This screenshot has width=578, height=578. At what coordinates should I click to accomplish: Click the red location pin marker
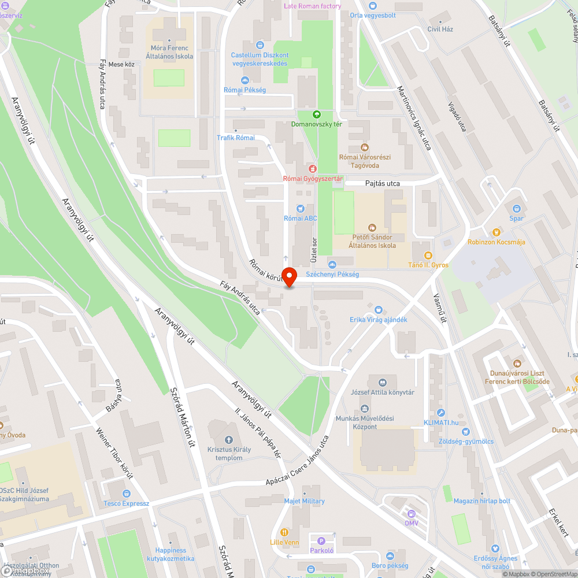(289, 276)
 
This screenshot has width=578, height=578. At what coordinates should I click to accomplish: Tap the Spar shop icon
(516, 209)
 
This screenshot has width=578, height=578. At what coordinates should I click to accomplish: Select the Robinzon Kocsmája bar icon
(495, 232)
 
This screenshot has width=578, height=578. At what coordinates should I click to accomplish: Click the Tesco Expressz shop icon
(126, 493)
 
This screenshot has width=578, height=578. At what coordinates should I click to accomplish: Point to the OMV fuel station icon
(411, 513)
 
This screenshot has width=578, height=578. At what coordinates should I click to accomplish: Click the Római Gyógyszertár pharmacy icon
(313, 168)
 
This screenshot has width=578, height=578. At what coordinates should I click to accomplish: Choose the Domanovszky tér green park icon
(316, 114)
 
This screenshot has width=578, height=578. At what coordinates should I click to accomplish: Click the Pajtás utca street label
(382, 183)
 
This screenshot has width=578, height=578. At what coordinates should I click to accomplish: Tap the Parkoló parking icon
(322, 541)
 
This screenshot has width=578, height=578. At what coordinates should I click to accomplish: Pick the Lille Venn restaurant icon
(284, 532)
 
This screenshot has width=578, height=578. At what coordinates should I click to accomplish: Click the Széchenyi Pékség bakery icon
(332, 264)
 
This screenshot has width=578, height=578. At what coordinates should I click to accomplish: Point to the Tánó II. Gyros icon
(428, 255)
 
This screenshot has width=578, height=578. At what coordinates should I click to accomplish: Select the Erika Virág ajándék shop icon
(379, 310)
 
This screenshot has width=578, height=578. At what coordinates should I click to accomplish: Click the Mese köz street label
(121, 64)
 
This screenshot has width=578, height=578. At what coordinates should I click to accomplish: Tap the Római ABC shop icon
(300, 208)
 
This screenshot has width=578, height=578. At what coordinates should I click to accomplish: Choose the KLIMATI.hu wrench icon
(441, 413)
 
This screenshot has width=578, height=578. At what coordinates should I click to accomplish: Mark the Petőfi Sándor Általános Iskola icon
(372, 227)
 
